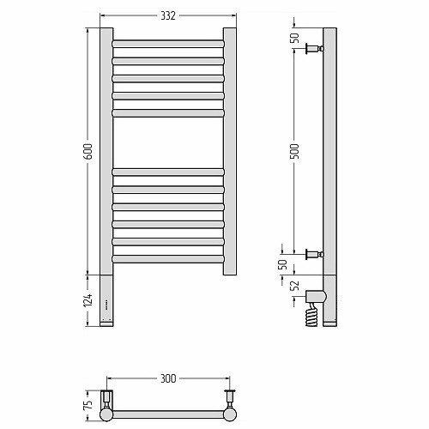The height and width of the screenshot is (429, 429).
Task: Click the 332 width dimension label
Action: coord(168,15)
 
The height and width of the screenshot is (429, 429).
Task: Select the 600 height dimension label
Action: coord(89,152)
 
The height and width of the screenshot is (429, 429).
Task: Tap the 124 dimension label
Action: coord(88,300)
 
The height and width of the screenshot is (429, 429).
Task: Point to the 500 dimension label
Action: coord(295,151)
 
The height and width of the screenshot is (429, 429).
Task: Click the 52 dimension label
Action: coord(295,286)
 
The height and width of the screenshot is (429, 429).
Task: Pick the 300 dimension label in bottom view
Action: coord(168,378)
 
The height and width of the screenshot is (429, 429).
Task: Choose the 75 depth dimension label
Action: coord(88,404)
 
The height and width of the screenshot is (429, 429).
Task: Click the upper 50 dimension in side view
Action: coord(295,38)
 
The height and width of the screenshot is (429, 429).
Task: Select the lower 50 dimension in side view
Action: coord(282,264)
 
